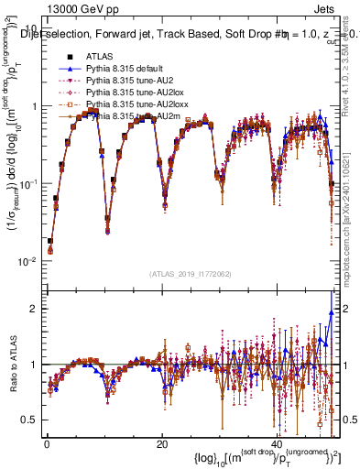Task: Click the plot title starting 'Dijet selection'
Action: coord(183,36)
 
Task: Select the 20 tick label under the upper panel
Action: coord(161,288)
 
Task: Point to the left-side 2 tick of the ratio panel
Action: coord(36,309)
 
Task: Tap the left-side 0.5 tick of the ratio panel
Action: coord(31,419)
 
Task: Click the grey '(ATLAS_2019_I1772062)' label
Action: coord(191,272)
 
